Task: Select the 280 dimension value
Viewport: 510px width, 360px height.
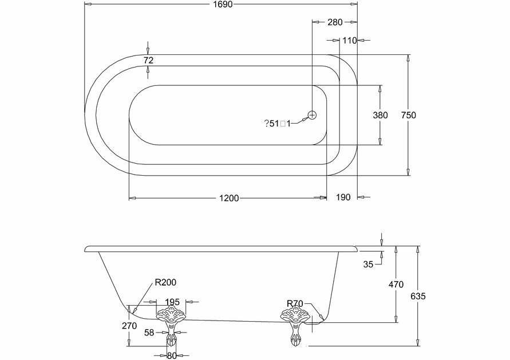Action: [334, 22]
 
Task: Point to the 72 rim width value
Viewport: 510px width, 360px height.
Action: [149, 60]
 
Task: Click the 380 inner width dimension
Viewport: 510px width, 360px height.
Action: [380, 115]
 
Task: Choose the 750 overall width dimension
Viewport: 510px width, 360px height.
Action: [408, 115]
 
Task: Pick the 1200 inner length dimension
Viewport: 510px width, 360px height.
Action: [228, 198]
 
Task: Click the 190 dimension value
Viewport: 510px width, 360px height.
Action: [342, 198]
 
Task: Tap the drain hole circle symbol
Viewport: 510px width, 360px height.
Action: [312, 115]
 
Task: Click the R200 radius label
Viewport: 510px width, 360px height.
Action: [165, 282]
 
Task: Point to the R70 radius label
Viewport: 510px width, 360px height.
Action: [295, 303]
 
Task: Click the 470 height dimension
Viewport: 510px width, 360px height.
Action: [396, 284]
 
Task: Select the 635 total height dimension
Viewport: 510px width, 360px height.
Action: [419, 296]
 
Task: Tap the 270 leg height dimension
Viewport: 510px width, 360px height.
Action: [129, 326]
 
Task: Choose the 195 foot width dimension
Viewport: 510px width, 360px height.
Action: [172, 302]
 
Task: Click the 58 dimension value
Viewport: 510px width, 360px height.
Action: [149, 332]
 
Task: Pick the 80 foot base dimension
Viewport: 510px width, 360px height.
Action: [172, 355]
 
